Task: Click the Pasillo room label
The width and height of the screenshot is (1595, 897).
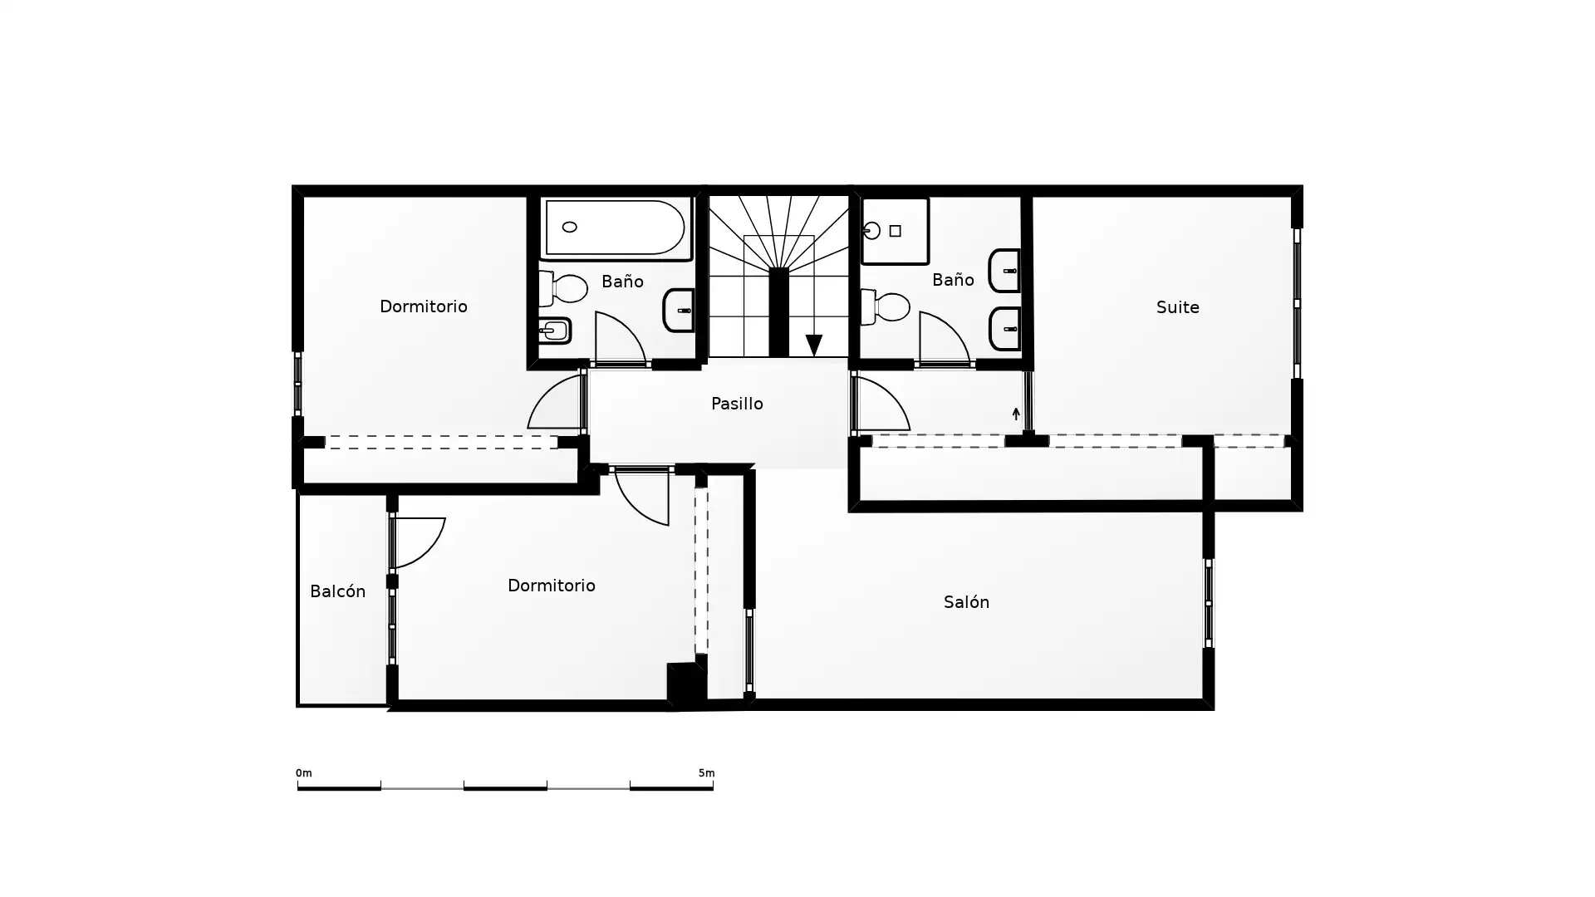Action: point(737,404)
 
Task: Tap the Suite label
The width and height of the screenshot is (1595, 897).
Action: point(1177,307)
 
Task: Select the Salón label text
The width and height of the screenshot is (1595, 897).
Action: point(966,602)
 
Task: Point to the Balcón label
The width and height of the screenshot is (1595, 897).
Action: point(337,591)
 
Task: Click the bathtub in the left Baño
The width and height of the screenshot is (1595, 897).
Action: point(616,228)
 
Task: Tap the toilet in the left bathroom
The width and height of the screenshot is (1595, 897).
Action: point(562,288)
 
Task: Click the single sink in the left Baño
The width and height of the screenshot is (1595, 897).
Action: point(679,310)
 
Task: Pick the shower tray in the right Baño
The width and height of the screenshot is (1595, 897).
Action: point(895,231)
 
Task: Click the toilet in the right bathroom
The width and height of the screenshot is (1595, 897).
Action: point(886,307)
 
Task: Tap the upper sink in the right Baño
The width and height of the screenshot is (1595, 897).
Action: point(1004,271)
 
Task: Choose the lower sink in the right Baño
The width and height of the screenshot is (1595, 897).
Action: point(1004,329)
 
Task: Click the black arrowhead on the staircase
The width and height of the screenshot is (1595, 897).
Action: point(814,345)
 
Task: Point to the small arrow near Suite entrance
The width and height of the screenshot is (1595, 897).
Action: point(1016,414)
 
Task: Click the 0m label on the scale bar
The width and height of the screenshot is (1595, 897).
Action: point(304,773)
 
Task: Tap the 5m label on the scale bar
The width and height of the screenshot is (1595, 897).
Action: point(706,773)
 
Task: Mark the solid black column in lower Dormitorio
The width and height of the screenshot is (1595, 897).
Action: point(685,684)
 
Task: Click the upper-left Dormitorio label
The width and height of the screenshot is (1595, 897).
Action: point(424,306)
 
